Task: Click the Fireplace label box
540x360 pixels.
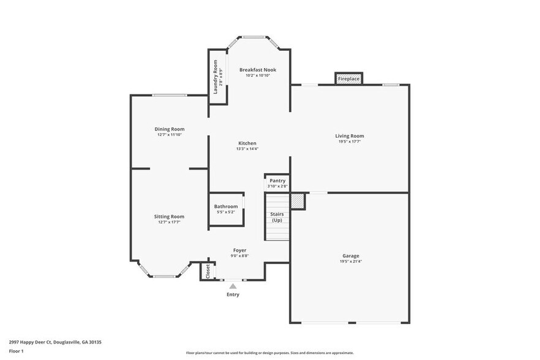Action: click(349, 79)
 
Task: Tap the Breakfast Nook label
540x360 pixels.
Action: click(257, 70)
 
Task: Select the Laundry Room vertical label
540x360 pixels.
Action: click(216, 77)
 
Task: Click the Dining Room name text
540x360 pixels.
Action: click(170, 129)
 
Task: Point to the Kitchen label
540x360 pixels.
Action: click(247, 143)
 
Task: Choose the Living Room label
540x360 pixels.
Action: click(349, 136)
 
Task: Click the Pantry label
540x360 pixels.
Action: click(277, 181)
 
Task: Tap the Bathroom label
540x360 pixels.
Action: click(226, 206)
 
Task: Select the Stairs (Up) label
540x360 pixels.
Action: click(277, 217)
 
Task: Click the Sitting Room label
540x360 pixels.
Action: click(169, 217)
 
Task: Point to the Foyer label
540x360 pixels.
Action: click(240, 250)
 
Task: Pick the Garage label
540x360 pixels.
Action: click(350, 256)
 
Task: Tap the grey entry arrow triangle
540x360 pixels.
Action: click(233, 285)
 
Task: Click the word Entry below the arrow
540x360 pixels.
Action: click(233, 294)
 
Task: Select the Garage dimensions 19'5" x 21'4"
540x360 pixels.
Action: click(350, 261)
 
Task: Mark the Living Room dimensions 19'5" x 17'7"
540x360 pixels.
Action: click(349, 141)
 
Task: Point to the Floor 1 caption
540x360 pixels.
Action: click(16, 351)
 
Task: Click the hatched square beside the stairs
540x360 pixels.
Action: click(297, 201)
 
